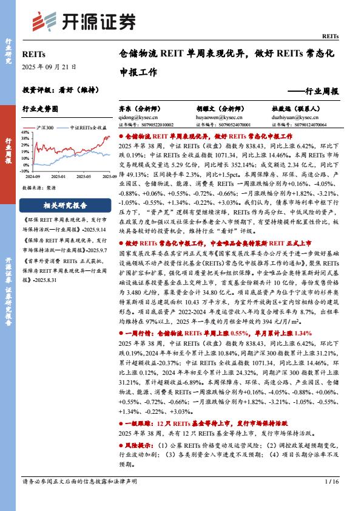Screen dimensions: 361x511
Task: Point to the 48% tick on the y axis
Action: point(25,132)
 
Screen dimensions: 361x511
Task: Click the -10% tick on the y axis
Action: point(25,169)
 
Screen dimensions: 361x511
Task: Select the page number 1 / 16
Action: point(331,482)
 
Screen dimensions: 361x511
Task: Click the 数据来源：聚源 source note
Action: point(40,188)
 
